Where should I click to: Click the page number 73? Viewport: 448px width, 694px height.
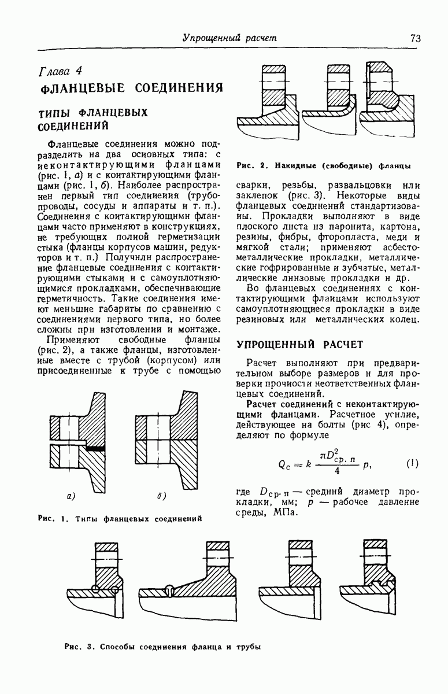point(415,38)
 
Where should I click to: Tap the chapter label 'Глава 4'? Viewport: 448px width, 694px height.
point(60,71)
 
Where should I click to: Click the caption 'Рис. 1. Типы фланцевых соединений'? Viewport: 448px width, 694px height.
point(119,518)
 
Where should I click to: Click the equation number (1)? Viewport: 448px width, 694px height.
point(412,464)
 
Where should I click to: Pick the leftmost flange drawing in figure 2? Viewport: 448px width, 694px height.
point(272,101)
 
